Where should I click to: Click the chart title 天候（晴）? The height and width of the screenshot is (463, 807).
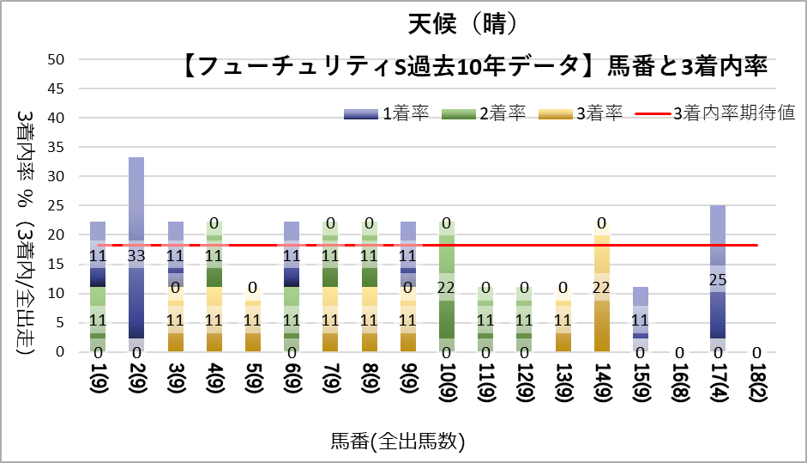coord(464,23)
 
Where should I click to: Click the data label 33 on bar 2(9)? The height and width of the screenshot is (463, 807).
coord(136,255)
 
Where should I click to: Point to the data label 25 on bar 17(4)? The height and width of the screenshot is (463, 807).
coord(719,279)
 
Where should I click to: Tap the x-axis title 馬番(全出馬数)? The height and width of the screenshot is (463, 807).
coord(397,442)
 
